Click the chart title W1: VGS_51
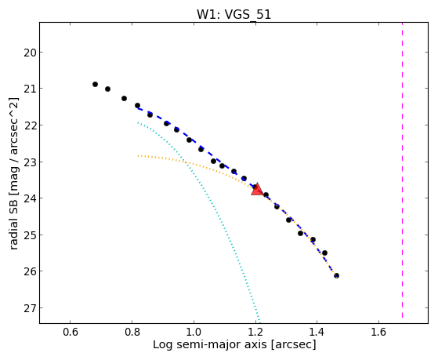[x=234, y=15]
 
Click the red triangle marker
[x=257, y=189]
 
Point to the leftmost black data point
[x=95, y=84]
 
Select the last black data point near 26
[x=337, y=276]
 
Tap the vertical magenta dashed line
[x=402, y=170]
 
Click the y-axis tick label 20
[x=30, y=53]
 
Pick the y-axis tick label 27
[x=30, y=308]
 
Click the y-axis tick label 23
[x=30, y=162]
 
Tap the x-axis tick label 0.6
[x=70, y=332]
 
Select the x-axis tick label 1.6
[x=378, y=332]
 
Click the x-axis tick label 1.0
[x=194, y=332]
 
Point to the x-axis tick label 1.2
[x=255, y=332]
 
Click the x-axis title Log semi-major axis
[x=209, y=344]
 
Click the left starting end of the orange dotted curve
[x=138, y=155]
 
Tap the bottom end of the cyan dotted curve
[x=259, y=322]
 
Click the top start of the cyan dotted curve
[x=138, y=122]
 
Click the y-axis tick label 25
[x=30, y=235]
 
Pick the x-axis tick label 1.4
[x=317, y=332]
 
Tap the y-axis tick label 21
[x=30, y=89]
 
